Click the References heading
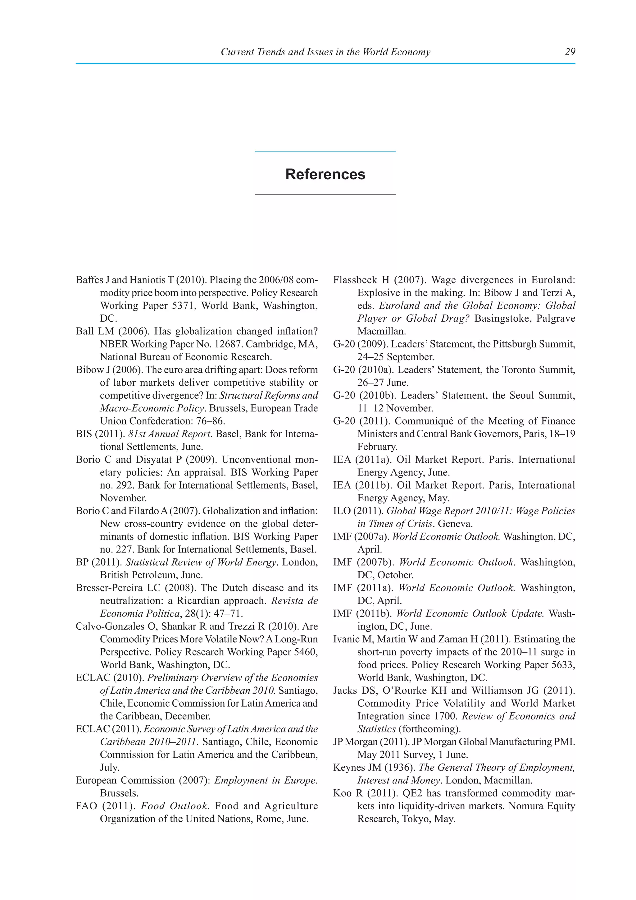325,174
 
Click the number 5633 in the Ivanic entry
563,665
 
